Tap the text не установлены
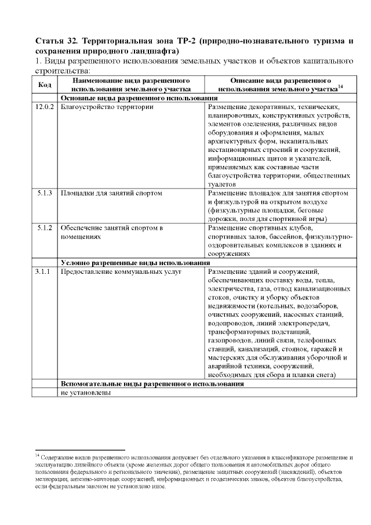point(85,392)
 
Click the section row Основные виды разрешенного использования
point(136,99)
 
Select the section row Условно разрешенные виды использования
point(134,263)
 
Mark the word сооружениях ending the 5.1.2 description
point(228,254)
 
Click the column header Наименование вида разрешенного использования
point(131,85)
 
